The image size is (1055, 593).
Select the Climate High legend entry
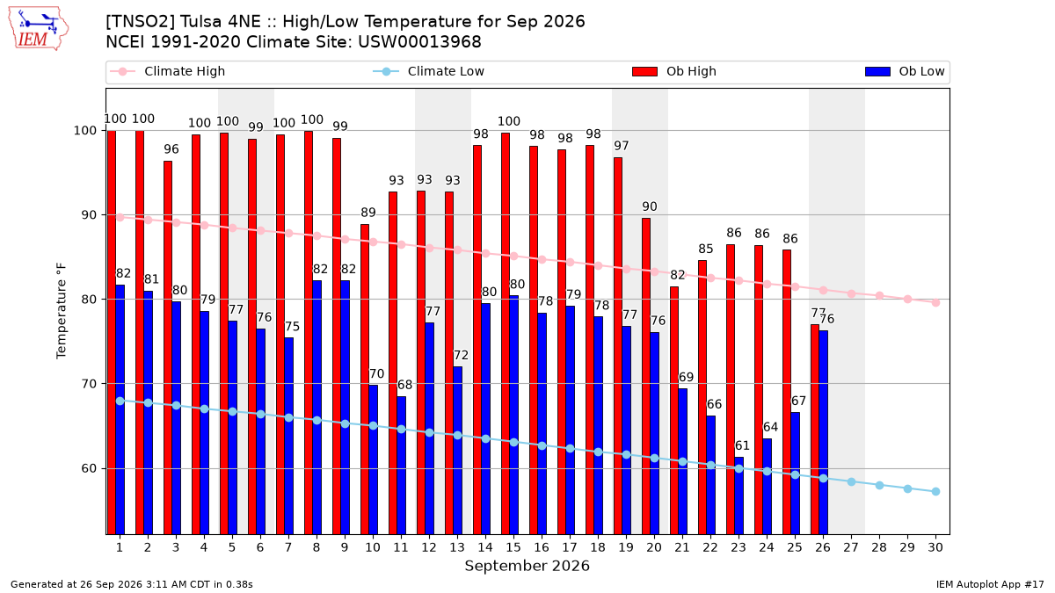click(167, 71)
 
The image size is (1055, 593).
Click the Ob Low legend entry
click(905, 71)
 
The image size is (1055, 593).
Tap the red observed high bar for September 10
click(365, 380)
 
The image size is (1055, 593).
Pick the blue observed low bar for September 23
click(739, 495)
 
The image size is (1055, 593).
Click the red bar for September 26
click(815, 430)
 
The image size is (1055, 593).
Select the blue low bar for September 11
click(401, 466)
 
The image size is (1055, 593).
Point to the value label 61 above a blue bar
click(742, 445)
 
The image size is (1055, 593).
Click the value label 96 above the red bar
click(171, 149)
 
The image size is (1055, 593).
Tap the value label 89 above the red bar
click(368, 213)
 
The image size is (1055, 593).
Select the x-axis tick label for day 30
click(935, 547)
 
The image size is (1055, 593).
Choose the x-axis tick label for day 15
click(513, 547)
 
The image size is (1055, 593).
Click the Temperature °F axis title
click(62, 311)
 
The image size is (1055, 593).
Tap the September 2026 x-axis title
click(527, 566)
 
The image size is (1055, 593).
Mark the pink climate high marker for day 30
click(935, 302)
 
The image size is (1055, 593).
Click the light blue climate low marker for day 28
click(879, 485)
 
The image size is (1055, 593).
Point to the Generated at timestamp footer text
click(131, 584)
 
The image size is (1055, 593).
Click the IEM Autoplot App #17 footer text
click(990, 584)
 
